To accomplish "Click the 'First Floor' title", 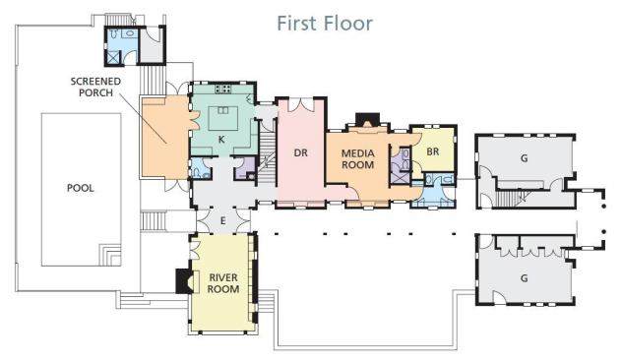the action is [x=325, y=23].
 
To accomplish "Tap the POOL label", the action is [x=81, y=188].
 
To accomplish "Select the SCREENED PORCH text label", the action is [x=95, y=87].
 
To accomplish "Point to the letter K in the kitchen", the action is [x=221, y=140].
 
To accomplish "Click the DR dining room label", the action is [x=300, y=152].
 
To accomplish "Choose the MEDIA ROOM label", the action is [x=357, y=158].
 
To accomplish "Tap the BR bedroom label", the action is [x=433, y=151].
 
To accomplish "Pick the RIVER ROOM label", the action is [x=223, y=283].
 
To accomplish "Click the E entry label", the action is [x=223, y=220].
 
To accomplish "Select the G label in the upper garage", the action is [x=524, y=158].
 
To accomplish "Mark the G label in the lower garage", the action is [x=524, y=278].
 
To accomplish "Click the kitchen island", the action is [x=223, y=118].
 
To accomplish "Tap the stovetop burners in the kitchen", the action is [x=223, y=89].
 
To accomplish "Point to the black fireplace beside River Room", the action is [x=183, y=281].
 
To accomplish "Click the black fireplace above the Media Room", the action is [x=367, y=119].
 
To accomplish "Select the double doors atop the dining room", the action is [x=301, y=104].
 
